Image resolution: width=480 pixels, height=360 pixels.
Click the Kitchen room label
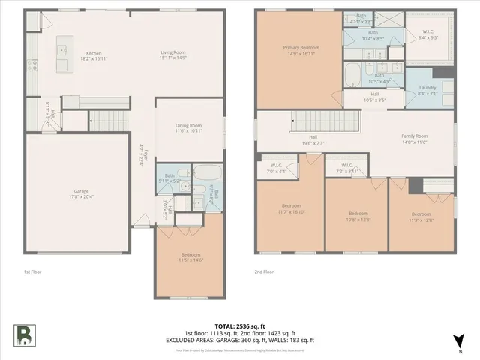[x=94, y=53]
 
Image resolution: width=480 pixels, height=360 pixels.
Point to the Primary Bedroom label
[x=301, y=48]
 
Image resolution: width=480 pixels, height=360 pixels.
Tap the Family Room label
[x=414, y=136]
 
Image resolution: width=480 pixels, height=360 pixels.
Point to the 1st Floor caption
[x=32, y=271]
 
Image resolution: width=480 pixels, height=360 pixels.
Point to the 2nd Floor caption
[x=264, y=271]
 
